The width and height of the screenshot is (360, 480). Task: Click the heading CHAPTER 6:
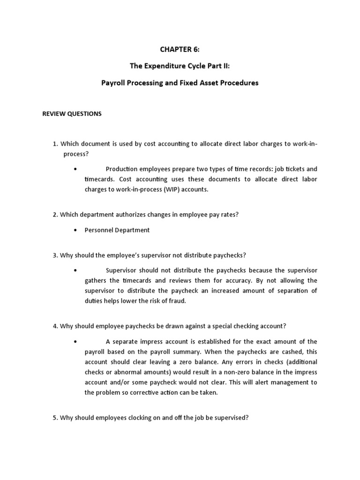(180, 50)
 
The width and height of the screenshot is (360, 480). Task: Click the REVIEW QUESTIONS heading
(72, 114)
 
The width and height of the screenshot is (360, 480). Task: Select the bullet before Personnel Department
(75, 230)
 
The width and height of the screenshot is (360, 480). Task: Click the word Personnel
(99, 230)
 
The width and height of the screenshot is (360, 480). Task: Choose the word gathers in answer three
(95, 281)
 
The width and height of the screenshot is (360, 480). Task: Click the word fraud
(177, 301)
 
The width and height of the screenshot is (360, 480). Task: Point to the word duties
(94, 301)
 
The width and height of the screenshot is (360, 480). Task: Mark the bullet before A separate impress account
(75, 342)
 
